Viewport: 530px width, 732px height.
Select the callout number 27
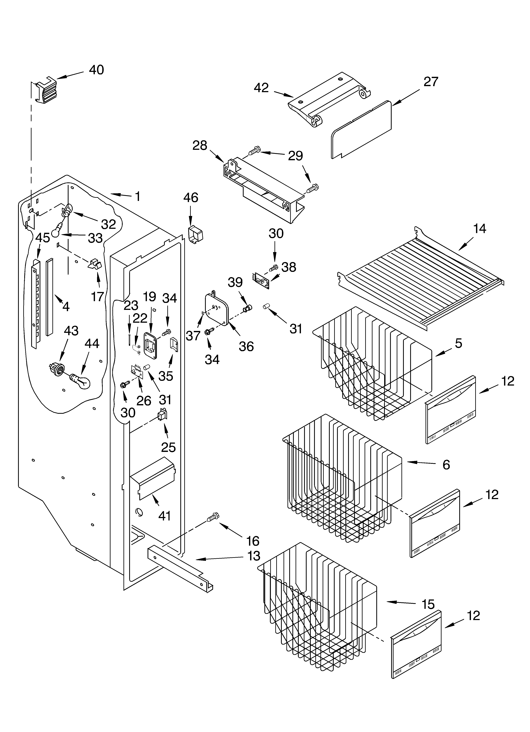[431, 82]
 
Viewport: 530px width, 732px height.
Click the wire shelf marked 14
[420, 281]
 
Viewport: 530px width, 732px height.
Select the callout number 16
[253, 541]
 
